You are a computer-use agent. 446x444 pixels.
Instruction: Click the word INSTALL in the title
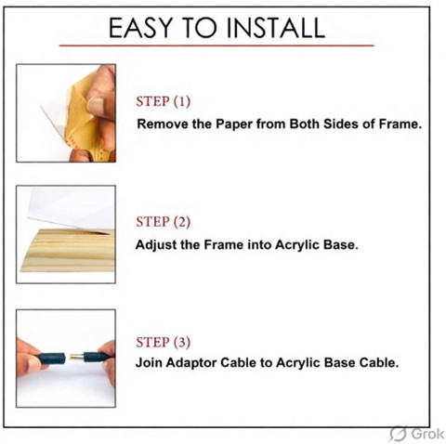coord(276,28)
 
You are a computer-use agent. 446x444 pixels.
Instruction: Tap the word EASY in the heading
coord(140,28)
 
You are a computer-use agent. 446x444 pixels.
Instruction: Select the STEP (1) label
coord(164,101)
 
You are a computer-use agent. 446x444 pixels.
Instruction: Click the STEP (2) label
coord(164,222)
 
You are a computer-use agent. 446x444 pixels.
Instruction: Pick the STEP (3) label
coord(164,342)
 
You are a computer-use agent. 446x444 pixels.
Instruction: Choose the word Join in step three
coord(149,362)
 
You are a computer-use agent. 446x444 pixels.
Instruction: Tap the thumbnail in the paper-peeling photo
coord(97,105)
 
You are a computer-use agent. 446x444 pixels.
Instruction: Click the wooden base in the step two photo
coord(68,251)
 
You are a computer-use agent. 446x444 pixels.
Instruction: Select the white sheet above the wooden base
coord(72,208)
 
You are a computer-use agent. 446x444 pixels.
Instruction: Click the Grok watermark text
coord(428,434)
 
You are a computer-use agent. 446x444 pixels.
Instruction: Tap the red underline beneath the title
coord(216,46)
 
